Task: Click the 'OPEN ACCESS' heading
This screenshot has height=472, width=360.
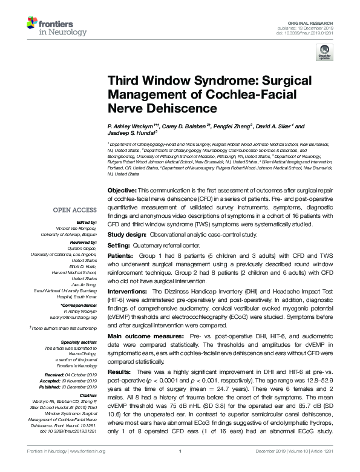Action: [74, 210]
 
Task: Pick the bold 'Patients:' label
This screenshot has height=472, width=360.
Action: [121, 256]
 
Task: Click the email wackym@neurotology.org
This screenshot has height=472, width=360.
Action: [74, 316]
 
